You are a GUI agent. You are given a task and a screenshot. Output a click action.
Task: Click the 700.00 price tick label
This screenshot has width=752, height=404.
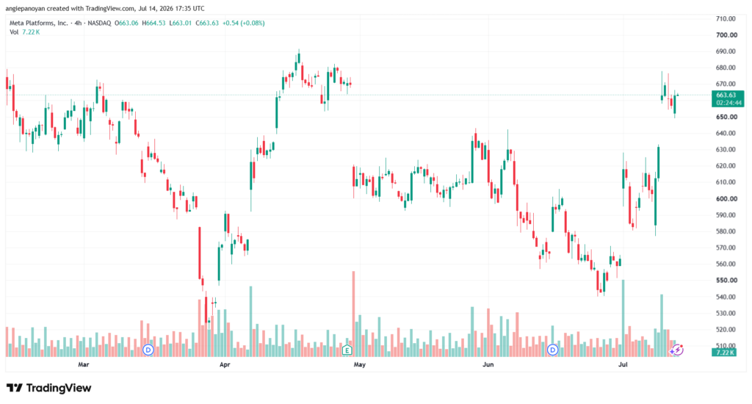pyautogui.click(x=726, y=35)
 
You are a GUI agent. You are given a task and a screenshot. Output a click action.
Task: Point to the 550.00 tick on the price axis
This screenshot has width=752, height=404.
pyautogui.click(x=726, y=280)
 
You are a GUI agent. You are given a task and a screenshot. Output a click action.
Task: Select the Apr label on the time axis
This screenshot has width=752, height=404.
pyautogui.click(x=225, y=364)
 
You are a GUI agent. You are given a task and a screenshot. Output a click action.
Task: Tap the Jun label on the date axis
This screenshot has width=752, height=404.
pyautogui.click(x=488, y=364)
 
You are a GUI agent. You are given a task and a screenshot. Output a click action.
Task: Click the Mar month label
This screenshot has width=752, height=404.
pyautogui.click(x=84, y=364)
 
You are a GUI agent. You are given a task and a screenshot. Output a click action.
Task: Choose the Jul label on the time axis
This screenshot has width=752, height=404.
pyautogui.click(x=623, y=364)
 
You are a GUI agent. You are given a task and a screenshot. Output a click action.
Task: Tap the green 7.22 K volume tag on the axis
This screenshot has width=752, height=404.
pyautogui.click(x=725, y=353)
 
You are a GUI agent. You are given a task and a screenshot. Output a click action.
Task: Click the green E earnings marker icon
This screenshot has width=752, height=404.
pyautogui.click(x=347, y=350)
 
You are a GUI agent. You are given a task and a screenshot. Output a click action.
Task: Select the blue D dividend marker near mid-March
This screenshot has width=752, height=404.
pyautogui.click(x=148, y=350)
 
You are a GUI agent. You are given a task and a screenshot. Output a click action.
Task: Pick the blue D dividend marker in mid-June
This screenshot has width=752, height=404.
pyautogui.click(x=552, y=350)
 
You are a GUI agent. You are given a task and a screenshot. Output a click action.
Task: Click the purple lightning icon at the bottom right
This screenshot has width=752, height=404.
pyautogui.click(x=676, y=350)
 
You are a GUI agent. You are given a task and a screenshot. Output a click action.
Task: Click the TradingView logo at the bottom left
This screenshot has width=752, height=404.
pyautogui.click(x=48, y=388)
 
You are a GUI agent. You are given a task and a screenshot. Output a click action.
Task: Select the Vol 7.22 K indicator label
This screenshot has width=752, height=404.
pyautogui.click(x=24, y=32)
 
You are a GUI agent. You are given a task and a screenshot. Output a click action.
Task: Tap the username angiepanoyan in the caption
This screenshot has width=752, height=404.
pyautogui.click(x=24, y=9)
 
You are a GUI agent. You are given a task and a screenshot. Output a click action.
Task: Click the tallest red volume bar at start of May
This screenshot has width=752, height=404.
pyautogui.click(x=354, y=314)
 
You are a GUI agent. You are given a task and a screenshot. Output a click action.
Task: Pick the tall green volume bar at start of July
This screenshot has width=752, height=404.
pyautogui.click(x=623, y=318)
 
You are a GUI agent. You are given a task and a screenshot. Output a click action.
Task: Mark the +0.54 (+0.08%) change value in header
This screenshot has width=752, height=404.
pyautogui.click(x=243, y=23)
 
